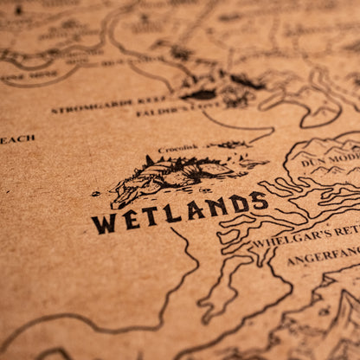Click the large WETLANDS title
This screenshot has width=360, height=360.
pyautogui.click(x=180, y=212)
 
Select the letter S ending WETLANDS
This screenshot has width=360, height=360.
pyautogui.click(x=259, y=201)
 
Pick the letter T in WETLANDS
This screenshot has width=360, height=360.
pyautogui.click(x=152, y=216)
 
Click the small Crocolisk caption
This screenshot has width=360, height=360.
pyautogui.click(x=178, y=148)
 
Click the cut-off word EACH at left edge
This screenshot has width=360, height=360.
pyautogui.click(x=17, y=138)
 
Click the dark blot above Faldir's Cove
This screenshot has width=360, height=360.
pyautogui.click(x=201, y=93)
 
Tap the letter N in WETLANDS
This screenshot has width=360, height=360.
pyautogui.click(x=216, y=208)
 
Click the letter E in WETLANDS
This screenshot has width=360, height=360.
pyautogui.click(x=130, y=220)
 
